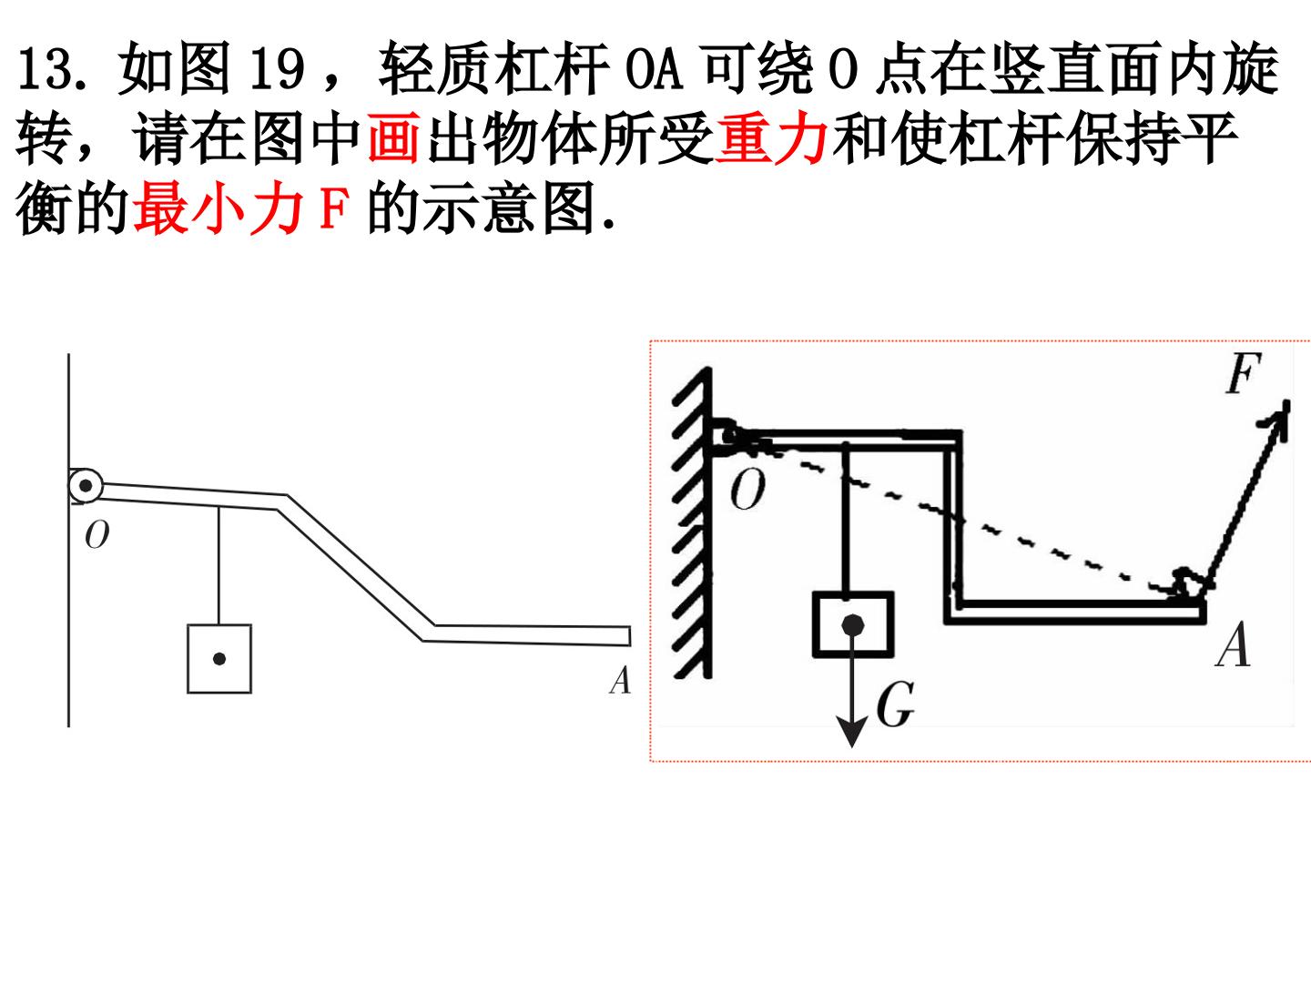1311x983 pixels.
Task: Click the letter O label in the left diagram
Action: tap(97, 534)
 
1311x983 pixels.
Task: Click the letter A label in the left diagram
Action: tap(621, 680)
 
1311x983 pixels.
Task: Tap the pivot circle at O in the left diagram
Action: tap(86, 486)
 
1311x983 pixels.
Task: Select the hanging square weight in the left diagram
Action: tap(219, 659)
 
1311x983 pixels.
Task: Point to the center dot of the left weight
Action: tap(219, 659)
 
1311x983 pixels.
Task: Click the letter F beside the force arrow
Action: tap(1243, 373)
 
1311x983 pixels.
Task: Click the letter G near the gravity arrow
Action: tap(895, 704)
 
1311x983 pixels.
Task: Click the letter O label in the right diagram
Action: tap(747, 490)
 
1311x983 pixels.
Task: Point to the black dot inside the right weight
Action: tap(853, 625)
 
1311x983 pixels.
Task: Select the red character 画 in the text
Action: tap(393, 139)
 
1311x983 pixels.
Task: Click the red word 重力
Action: tap(771, 139)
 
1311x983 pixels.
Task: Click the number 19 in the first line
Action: tap(278, 68)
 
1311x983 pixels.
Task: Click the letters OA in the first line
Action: tap(654, 68)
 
